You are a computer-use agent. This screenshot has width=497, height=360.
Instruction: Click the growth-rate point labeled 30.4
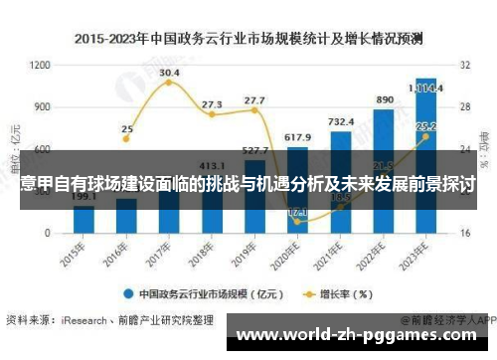point(169,82)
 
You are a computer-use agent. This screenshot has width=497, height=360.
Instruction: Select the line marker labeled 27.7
point(254,109)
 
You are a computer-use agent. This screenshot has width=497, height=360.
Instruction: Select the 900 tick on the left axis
point(42,106)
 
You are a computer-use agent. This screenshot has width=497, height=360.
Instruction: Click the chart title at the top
point(248,39)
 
